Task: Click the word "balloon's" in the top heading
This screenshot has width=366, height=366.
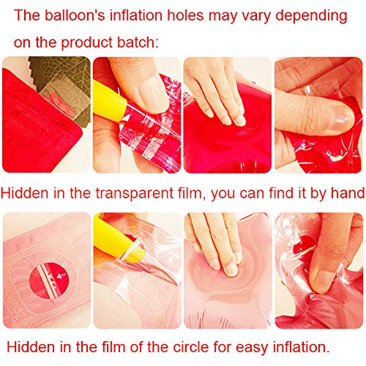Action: (x=75, y=15)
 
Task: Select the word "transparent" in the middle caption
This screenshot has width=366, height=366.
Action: (x=134, y=193)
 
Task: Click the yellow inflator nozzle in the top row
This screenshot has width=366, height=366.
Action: (x=110, y=102)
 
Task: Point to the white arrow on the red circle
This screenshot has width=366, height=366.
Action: (x=61, y=276)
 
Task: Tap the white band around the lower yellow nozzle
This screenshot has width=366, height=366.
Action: (x=132, y=249)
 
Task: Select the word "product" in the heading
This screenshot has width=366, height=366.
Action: (x=87, y=42)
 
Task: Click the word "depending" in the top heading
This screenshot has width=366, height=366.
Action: (x=311, y=16)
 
